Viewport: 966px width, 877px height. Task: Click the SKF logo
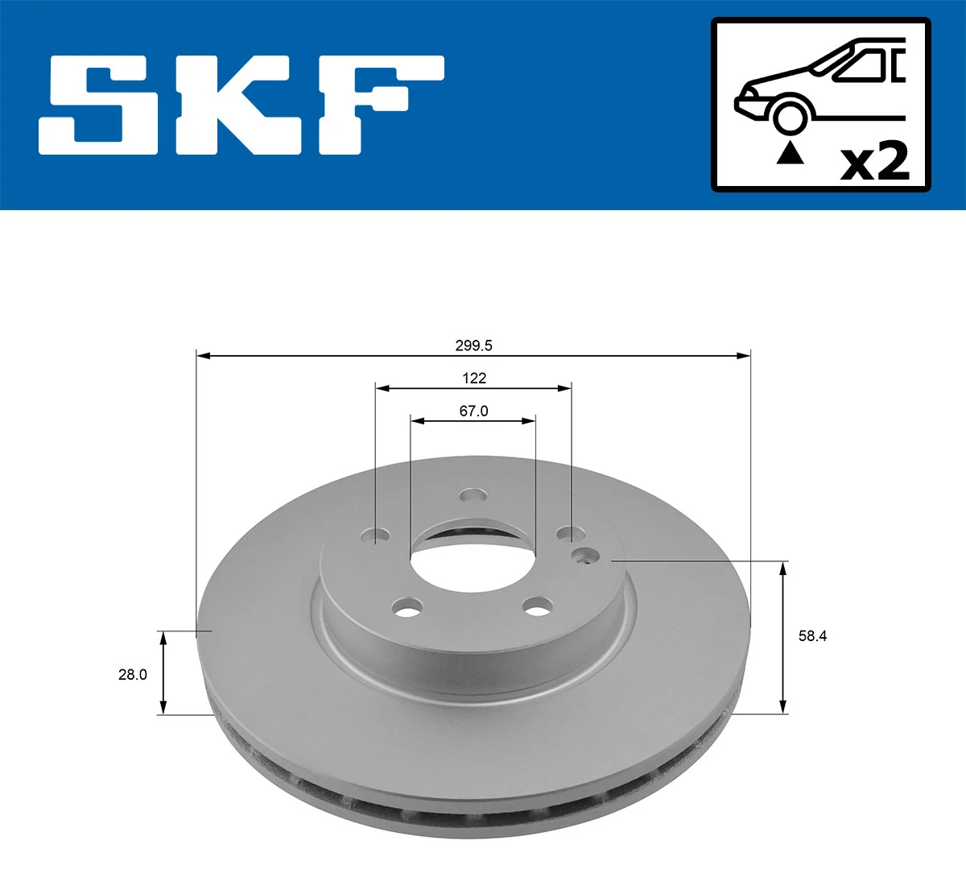click(242, 105)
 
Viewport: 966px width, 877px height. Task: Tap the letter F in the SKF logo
click(378, 105)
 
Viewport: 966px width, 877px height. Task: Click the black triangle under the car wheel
click(790, 153)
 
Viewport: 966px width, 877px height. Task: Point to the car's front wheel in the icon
click(789, 116)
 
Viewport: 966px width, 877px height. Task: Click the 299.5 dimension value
click(473, 345)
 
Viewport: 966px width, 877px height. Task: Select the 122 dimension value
click(473, 378)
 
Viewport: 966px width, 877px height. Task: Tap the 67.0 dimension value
click(473, 411)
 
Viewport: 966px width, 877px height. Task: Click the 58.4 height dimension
click(812, 636)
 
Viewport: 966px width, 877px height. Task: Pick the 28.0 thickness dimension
click(133, 674)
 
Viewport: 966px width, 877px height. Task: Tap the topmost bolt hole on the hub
click(473, 496)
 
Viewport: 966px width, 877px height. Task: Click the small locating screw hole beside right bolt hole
click(585, 556)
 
